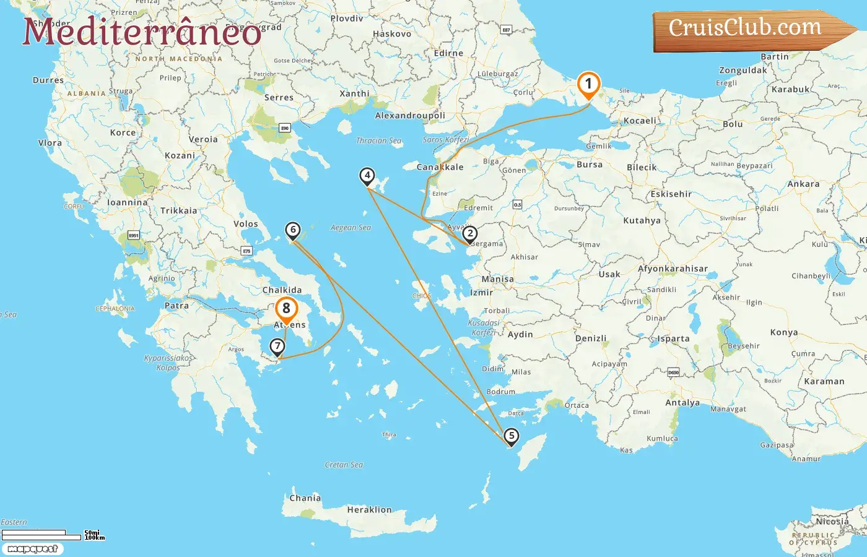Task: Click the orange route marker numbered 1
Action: [588, 85]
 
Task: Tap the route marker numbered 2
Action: [470, 234]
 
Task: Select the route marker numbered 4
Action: [367, 176]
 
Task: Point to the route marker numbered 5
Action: [511, 436]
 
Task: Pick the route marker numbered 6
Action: [293, 230]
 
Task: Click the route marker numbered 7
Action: [277, 347]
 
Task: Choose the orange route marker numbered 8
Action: [286, 308]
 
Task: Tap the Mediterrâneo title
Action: [142, 32]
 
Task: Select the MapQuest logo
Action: [32, 549]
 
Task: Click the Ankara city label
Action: [803, 184]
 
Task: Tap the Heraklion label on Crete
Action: [369, 510]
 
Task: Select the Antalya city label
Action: [682, 402]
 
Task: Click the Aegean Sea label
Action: [351, 228]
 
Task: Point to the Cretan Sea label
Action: [344, 465]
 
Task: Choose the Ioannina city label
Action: [128, 202]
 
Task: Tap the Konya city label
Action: [783, 332]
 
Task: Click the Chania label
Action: [305, 498]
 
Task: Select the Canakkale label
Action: [440, 167]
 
